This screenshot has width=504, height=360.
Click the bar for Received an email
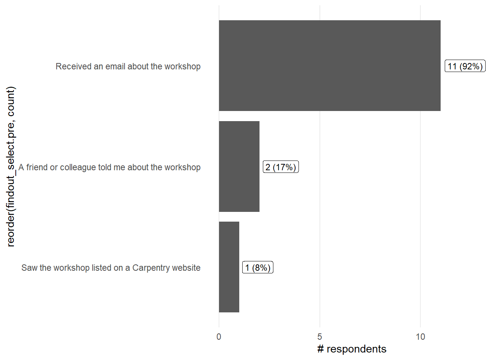click(x=330, y=66)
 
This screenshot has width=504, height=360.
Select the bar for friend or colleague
click(x=239, y=166)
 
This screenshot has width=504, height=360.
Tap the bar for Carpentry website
click(x=229, y=267)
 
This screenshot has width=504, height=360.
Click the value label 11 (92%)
click(x=465, y=66)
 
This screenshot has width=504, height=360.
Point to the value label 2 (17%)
click(x=281, y=167)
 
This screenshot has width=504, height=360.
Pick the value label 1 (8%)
click(x=258, y=267)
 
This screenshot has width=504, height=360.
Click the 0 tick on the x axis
click(x=219, y=337)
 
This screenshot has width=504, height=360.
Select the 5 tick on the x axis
click(x=319, y=337)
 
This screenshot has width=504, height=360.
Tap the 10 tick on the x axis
click(x=420, y=337)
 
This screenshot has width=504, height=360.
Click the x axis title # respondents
click(x=352, y=349)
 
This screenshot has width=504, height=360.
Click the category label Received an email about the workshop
click(x=128, y=66)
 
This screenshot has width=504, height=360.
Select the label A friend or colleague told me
click(x=109, y=167)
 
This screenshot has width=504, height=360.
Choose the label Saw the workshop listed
click(x=111, y=268)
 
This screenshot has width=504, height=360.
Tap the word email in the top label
click(x=115, y=66)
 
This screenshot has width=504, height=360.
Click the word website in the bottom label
click(x=186, y=268)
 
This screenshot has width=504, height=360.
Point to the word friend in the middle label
click(x=37, y=167)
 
